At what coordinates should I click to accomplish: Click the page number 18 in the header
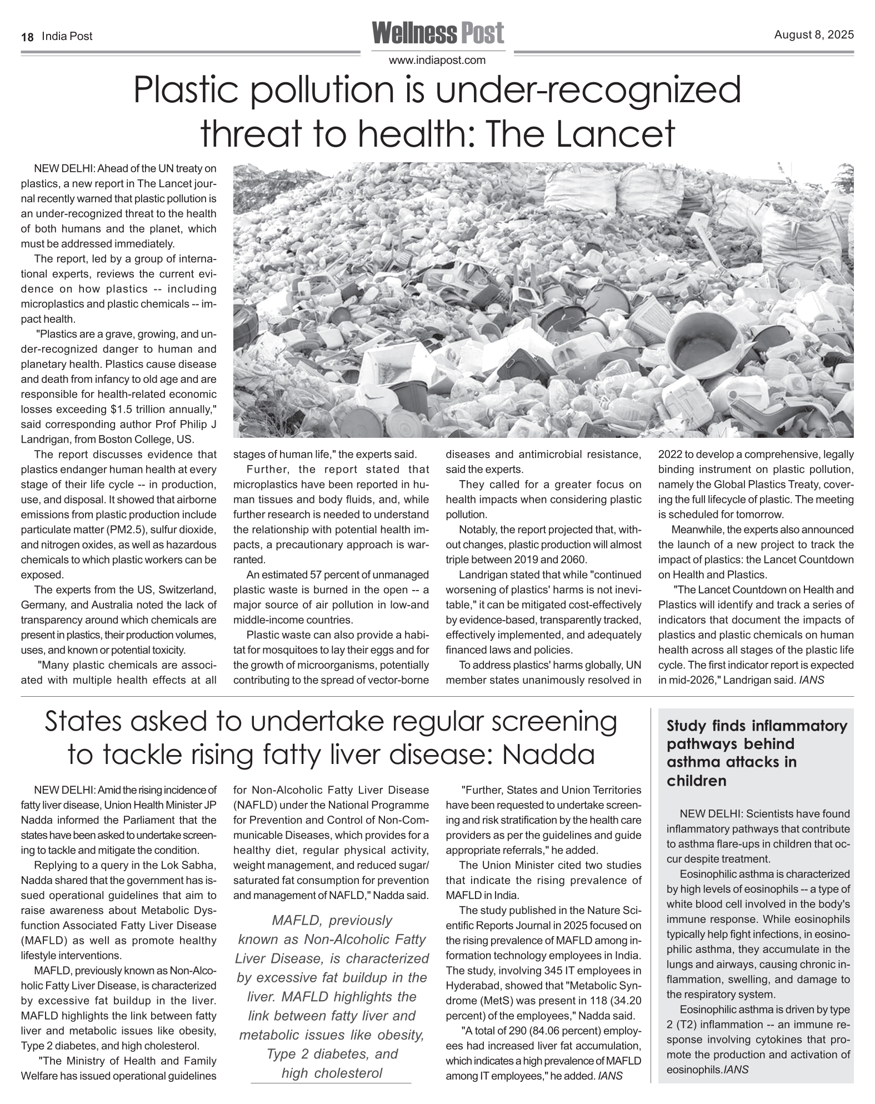click(x=27, y=37)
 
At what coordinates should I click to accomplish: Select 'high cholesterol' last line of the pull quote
click(x=332, y=1073)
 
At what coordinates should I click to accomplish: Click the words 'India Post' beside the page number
click(x=67, y=37)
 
